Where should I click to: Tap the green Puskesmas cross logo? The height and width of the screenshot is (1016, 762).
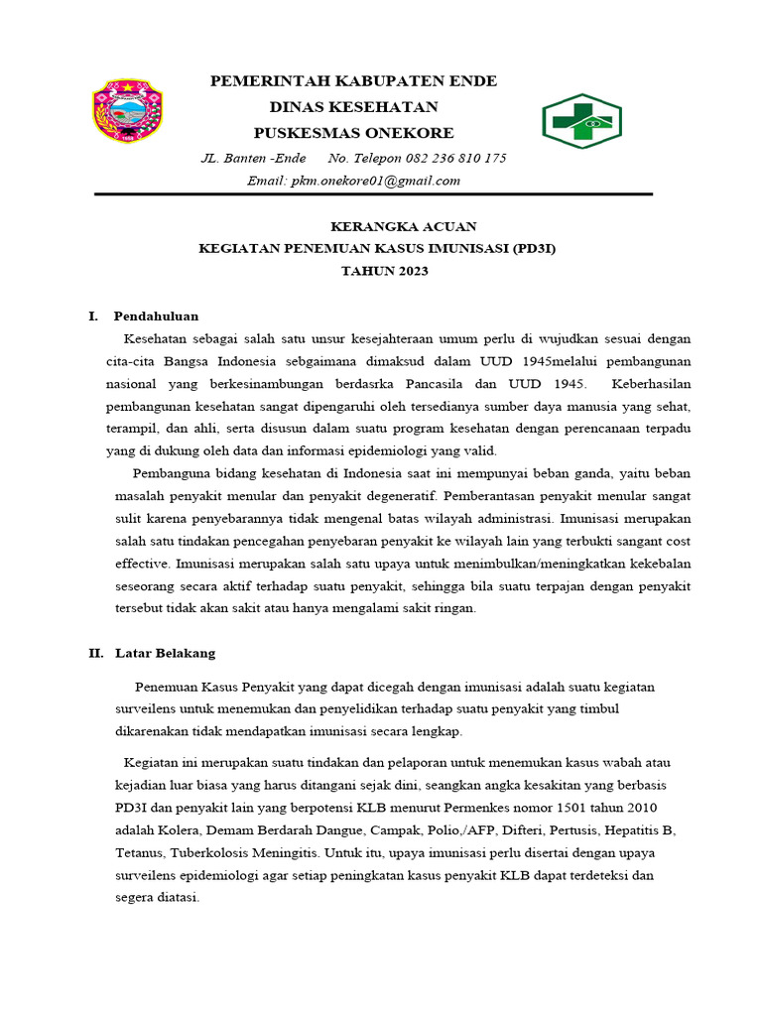pyautogui.click(x=580, y=121)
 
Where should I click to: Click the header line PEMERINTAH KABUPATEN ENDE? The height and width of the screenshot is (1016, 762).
pyautogui.click(x=353, y=80)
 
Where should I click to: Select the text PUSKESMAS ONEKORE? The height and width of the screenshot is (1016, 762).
pyautogui.click(x=353, y=133)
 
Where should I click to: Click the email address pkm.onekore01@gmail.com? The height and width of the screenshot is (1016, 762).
pyautogui.click(x=374, y=181)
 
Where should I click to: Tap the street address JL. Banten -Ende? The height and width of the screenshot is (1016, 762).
pyautogui.click(x=254, y=159)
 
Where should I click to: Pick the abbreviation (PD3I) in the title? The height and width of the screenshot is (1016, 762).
pyautogui.click(x=534, y=248)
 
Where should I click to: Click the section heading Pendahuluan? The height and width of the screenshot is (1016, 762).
pyautogui.click(x=156, y=317)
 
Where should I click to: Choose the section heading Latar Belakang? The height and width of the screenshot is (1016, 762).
pyautogui.click(x=165, y=654)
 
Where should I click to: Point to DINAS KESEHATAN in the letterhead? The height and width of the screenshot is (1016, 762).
pyautogui.click(x=353, y=107)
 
